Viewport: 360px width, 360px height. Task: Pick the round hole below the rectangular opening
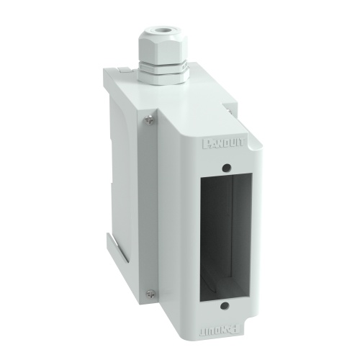pos(226,306)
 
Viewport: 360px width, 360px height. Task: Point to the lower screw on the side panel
pos(150,292)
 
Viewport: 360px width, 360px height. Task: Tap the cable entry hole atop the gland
pos(165,31)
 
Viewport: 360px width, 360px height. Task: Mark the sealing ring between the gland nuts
pos(163,63)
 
